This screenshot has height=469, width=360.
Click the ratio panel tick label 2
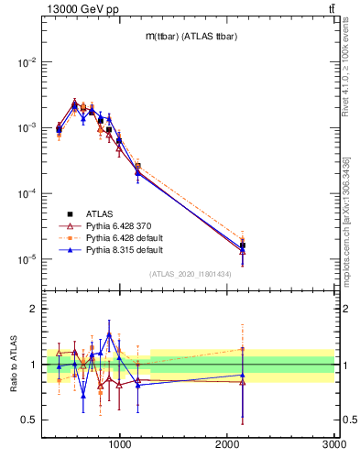tap(34, 310)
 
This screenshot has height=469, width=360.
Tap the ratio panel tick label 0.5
tap(30, 420)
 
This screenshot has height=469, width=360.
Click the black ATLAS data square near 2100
tap(243, 245)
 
